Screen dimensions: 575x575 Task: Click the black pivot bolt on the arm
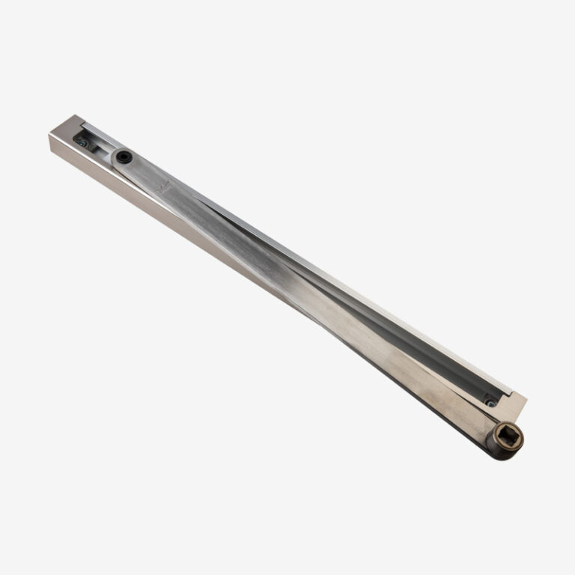tap(124, 156)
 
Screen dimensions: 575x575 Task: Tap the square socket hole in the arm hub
tap(509, 434)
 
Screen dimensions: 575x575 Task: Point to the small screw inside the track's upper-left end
tap(82, 142)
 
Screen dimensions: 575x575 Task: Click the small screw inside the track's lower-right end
tap(490, 402)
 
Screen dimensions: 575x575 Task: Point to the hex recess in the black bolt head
tap(124, 156)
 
